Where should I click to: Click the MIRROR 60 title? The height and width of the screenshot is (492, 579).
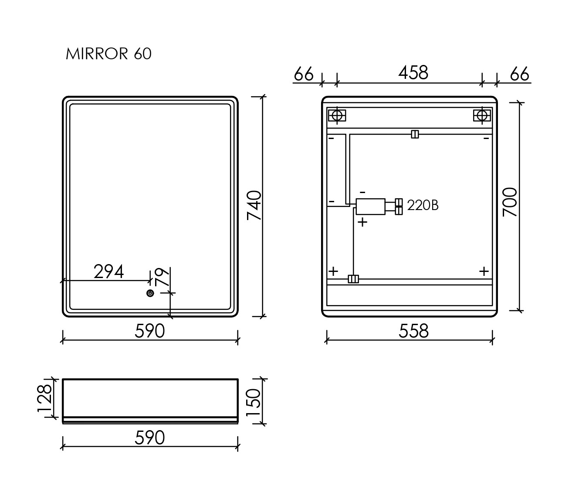pos(108,54)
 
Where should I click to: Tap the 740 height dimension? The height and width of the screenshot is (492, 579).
pos(254,205)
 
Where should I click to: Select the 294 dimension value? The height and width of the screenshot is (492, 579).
pos(108,272)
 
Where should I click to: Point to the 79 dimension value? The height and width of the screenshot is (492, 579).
pos(163,277)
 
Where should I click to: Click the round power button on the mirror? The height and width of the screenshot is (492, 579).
pos(150,293)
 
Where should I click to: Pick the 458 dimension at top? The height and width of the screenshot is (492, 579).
pos(413,73)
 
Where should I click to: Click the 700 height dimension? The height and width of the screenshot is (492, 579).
pos(510,202)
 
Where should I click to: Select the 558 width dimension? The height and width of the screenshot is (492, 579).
pos(414,331)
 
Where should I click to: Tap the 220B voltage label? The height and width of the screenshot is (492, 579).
pos(423,205)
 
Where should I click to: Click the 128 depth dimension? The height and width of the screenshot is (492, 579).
pos(45,398)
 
